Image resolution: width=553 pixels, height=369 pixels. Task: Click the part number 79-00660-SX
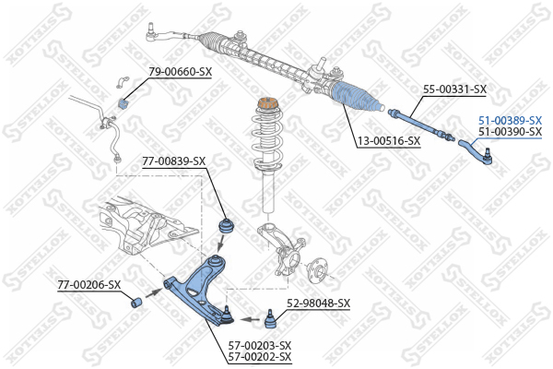[181, 72]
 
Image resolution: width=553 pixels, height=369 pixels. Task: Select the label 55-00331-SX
[454, 89]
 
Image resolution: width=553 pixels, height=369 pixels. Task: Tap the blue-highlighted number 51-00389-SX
[510, 121]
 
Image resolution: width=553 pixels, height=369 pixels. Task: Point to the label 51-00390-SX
[510, 132]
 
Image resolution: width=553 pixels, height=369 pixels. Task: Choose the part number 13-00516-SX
[389, 141]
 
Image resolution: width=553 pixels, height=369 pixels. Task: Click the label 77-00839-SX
[174, 161]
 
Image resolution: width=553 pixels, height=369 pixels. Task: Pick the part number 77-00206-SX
[89, 285]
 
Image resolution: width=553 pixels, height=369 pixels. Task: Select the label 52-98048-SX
[319, 303]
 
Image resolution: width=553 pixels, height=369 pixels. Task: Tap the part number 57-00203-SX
[260, 345]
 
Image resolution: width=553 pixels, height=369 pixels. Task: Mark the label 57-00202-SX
[260, 356]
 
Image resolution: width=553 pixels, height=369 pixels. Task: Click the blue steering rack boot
[356, 97]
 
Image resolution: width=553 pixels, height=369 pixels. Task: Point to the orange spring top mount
[267, 104]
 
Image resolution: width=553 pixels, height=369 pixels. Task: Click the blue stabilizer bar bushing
[123, 103]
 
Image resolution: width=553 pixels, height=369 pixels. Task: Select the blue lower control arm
[197, 290]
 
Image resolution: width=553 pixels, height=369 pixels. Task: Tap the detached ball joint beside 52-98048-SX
[270, 319]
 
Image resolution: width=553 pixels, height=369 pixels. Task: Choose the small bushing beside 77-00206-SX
[136, 303]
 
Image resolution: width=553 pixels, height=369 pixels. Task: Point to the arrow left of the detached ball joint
[251, 319]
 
